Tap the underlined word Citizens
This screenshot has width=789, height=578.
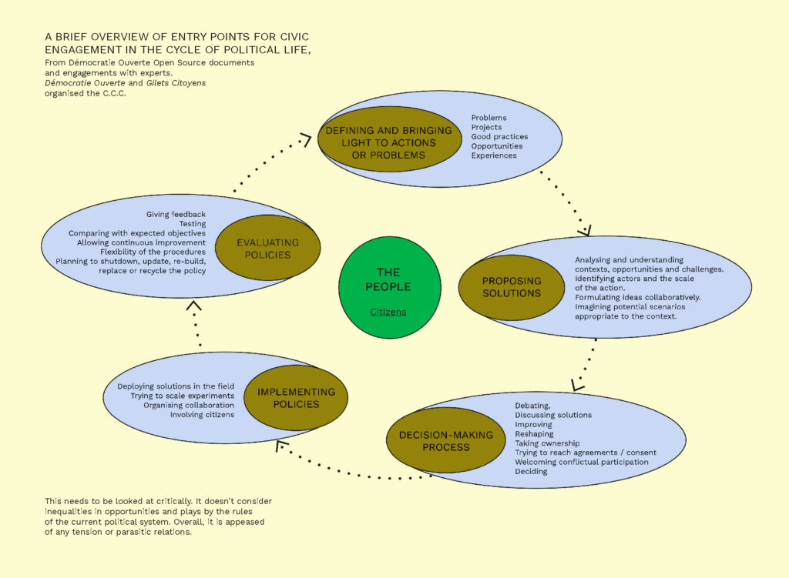(x=388, y=312)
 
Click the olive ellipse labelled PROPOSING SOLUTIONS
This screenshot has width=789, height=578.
(x=512, y=287)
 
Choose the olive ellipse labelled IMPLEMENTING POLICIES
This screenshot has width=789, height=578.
(x=296, y=397)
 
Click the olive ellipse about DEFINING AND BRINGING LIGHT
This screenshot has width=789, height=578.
(x=388, y=142)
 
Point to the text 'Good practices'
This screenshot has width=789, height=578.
(x=499, y=137)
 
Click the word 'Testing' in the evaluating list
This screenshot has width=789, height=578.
(x=192, y=224)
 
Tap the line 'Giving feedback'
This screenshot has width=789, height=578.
(x=176, y=214)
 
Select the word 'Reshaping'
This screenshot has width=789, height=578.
(x=534, y=434)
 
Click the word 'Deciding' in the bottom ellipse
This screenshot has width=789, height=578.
(x=531, y=472)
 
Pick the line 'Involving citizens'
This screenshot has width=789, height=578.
(x=202, y=414)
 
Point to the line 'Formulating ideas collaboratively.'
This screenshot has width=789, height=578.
(x=637, y=297)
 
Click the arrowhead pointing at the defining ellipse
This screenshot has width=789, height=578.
(x=305, y=139)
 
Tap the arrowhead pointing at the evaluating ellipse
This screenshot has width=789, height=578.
(x=194, y=306)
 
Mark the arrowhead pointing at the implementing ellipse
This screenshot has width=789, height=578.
(x=281, y=445)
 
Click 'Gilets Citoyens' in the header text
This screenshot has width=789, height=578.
(x=176, y=82)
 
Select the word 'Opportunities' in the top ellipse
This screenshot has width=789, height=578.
(x=497, y=146)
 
